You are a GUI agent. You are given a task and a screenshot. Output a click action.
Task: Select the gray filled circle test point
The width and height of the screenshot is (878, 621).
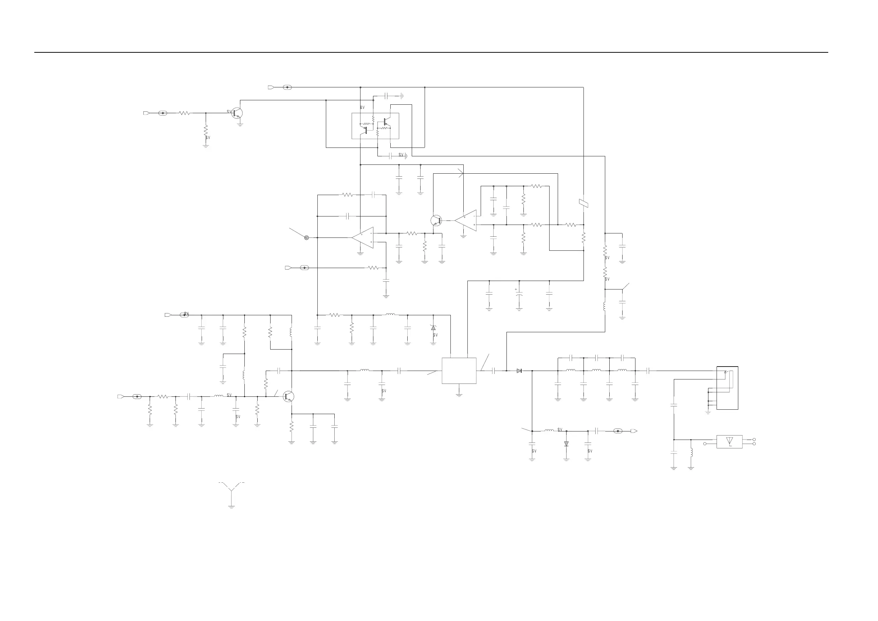pyautogui.click(x=306, y=237)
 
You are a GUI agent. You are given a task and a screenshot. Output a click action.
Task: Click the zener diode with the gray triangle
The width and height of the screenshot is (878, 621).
pyautogui.click(x=433, y=328)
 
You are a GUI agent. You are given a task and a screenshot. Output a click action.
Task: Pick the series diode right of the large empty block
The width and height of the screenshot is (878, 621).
pyautogui.click(x=519, y=371)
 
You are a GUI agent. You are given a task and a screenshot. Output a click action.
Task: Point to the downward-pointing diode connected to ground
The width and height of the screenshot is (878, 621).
pyautogui.click(x=566, y=444)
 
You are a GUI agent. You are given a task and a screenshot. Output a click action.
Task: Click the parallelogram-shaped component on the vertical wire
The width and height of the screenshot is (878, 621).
pyautogui.click(x=583, y=204)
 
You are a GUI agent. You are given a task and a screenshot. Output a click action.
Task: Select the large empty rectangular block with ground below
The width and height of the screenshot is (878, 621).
pyautogui.click(x=459, y=370)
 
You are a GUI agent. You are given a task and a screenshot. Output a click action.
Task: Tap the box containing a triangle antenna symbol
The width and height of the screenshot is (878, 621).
pyautogui.click(x=729, y=441)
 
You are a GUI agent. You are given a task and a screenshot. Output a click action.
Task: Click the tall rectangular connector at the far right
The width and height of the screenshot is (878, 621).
pyautogui.click(x=727, y=388)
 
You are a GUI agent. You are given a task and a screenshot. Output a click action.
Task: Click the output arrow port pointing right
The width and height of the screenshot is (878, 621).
pyautogui.click(x=634, y=431)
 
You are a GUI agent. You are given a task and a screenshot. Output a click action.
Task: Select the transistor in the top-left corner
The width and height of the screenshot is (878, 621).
pyautogui.click(x=237, y=113)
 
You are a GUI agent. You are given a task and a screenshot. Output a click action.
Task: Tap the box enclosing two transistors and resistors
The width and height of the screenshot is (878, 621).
pyautogui.click(x=375, y=126)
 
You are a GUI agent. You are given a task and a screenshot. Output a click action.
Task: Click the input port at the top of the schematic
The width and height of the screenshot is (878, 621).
pyautogui.click(x=271, y=87)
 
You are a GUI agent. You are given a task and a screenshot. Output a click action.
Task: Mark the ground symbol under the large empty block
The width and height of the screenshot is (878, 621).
pyautogui.click(x=459, y=395)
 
